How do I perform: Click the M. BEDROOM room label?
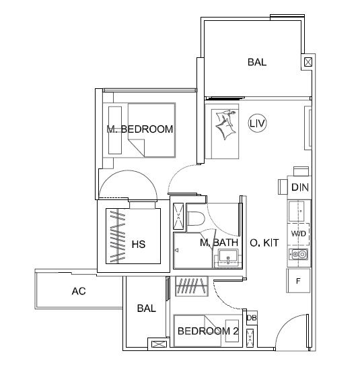tap(140, 129)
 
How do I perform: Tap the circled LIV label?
tap(257, 123)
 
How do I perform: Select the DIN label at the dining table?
tap(300, 187)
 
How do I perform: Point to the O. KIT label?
tap(264, 243)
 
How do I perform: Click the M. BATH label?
tap(219, 243)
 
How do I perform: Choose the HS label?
tap(139, 245)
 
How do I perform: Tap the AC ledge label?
tap(79, 291)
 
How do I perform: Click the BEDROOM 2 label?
tap(208, 331)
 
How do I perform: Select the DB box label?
tap(252, 318)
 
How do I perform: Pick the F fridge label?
tap(298, 281)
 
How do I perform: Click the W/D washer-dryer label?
tap(299, 234)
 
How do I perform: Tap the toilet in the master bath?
tap(196, 218)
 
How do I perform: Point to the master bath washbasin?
tap(228, 257)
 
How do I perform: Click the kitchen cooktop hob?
tap(299, 255)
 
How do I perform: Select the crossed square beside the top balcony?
tap(308, 62)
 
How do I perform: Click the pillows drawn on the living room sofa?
tap(226, 124)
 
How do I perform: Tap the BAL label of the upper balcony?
tap(257, 62)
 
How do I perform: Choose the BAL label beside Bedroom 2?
tap(147, 309)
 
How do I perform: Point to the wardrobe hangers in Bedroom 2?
tap(191, 286)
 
